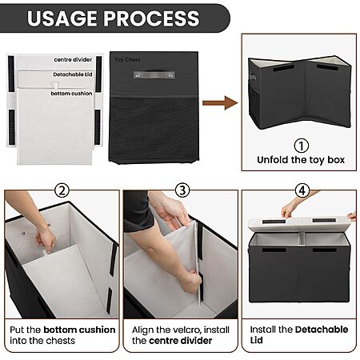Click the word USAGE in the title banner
tap(62, 18)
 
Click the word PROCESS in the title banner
tap(151, 18)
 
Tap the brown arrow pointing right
tap(220, 103)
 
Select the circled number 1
tap(302, 146)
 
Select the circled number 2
tap(62, 190)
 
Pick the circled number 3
tap(182, 190)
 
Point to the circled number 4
tap(302, 190)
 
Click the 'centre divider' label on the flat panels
tap(73, 60)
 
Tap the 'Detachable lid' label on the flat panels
tap(73, 74)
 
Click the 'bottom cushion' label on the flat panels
tap(71, 94)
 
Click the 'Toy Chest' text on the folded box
tap(127, 60)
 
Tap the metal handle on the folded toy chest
tap(154, 74)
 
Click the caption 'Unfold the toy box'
tap(301, 160)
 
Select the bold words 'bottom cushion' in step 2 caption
tap(79, 330)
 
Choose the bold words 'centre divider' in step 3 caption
tap(181, 341)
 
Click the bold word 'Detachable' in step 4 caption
tap(322, 330)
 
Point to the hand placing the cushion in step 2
tap(46, 240)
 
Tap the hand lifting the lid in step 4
tap(289, 210)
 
